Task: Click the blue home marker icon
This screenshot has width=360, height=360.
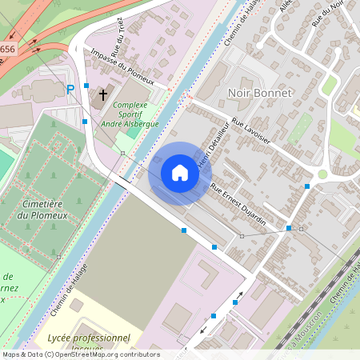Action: pos(180,173)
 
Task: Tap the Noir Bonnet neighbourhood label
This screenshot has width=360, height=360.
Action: pos(261,93)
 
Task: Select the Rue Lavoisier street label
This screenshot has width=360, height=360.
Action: pos(251,132)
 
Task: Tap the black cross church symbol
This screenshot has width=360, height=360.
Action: pos(102,96)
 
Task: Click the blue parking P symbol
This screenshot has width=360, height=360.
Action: pos(70,89)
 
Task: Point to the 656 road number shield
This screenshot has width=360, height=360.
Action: pos(7,50)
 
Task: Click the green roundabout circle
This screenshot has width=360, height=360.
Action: pos(322,174)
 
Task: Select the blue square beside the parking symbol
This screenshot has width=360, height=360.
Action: pos(86,85)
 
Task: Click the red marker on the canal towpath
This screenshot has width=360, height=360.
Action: pos(189,98)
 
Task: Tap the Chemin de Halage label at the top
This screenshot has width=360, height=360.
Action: pos(239,24)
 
